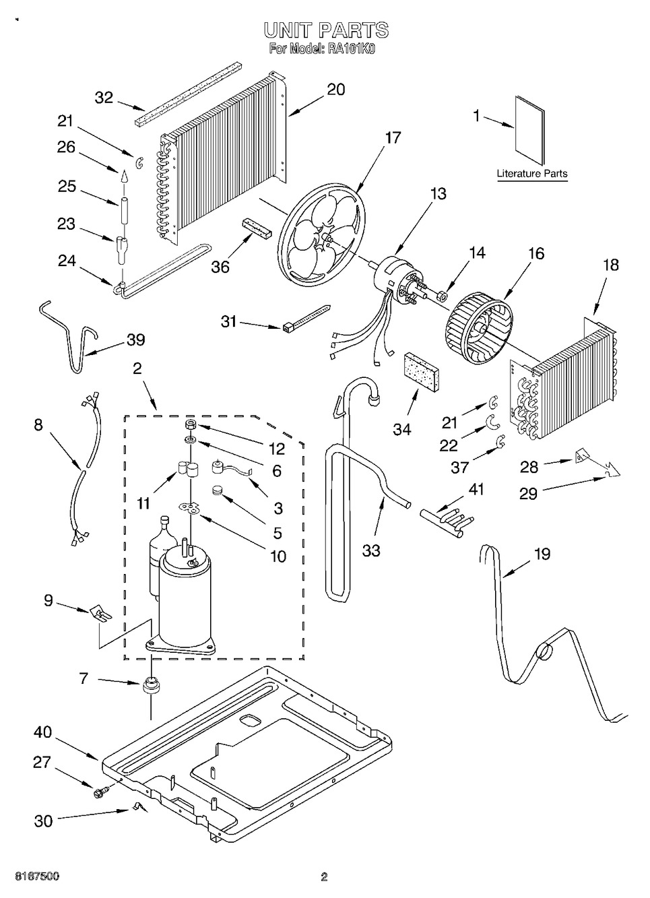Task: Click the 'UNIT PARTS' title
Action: (325, 30)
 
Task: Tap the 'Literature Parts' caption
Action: (532, 174)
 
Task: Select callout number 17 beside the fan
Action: (393, 137)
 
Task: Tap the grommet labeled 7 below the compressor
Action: (150, 686)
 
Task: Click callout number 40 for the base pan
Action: (44, 732)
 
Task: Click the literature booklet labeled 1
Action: (529, 130)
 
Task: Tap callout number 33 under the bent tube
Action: (371, 550)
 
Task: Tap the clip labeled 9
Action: (100, 613)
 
